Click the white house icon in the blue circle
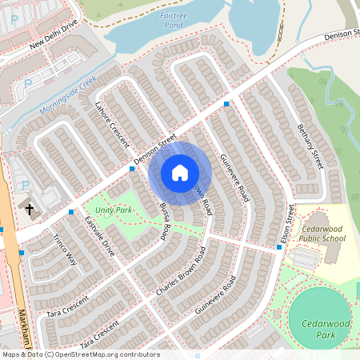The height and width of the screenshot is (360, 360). click(180, 173)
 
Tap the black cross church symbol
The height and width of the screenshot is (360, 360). click(30, 210)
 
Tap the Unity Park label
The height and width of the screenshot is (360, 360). click(113, 210)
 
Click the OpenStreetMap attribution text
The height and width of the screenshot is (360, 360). click(80, 354)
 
